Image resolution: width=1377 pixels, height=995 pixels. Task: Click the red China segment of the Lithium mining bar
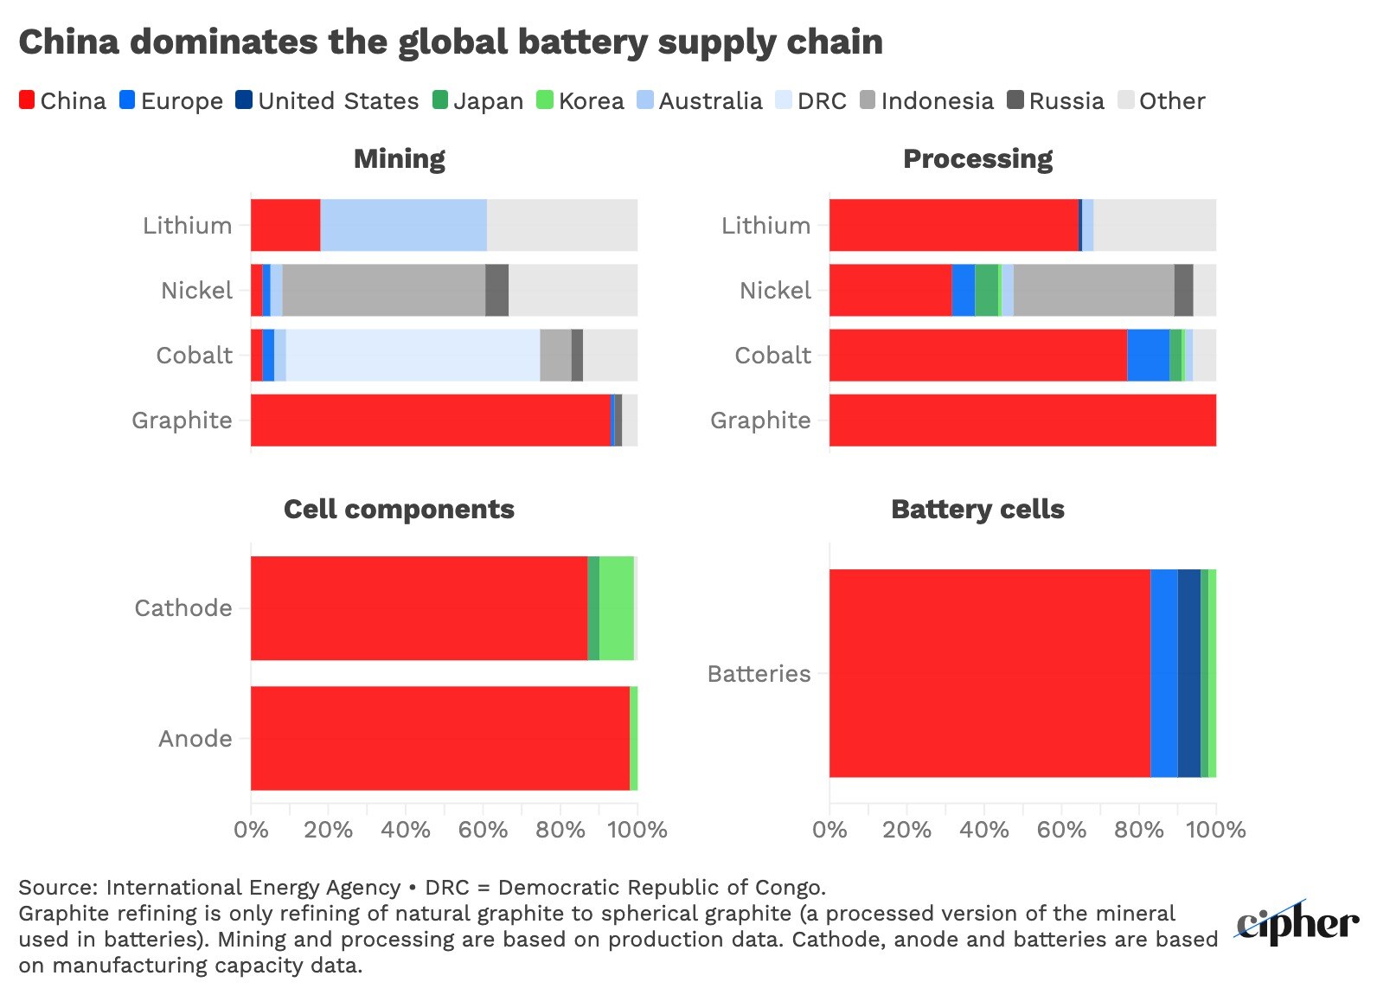click(285, 225)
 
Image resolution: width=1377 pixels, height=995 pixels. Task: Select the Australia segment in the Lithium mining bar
click(403, 225)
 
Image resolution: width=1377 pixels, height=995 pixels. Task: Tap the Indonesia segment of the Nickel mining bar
click(383, 290)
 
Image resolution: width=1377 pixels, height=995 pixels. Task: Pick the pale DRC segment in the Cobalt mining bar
click(413, 355)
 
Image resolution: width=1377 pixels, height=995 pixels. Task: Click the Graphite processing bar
click(1022, 420)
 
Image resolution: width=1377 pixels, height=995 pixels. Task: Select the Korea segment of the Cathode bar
click(616, 608)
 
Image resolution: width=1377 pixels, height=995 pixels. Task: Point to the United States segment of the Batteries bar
click(1188, 673)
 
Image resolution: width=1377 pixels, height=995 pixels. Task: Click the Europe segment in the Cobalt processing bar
click(1148, 355)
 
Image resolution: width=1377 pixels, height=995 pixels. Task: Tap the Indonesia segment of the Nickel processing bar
click(1093, 290)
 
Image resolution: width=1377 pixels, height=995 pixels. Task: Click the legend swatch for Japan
click(440, 100)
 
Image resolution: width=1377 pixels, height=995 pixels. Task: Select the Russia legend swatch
click(1015, 100)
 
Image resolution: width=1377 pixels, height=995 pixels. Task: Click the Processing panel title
click(977, 159)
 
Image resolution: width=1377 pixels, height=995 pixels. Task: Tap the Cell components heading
click(399, 509)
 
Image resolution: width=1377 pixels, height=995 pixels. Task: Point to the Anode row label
click(195, 739)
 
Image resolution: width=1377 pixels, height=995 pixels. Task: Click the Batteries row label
click(759, 674)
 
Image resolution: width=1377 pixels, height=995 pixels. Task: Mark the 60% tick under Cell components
click(483, 830)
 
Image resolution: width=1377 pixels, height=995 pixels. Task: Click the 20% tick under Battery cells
click(906, 830)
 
